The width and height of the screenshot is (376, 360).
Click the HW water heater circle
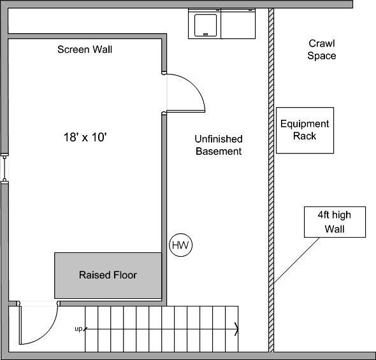[x=180, y=245]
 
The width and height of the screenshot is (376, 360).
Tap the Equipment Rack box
[x=305, y=130]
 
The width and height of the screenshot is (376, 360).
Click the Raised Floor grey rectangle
[x=108, y=275]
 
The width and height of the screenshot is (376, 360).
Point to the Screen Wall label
[x=85, y=49]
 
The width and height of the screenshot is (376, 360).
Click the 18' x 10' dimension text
[x=85, y=136]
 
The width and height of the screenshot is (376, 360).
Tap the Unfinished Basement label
[x=219, y=145]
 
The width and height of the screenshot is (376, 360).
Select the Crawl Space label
[x=322, y=50]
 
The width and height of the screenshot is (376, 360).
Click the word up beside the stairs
[x=78, y=329]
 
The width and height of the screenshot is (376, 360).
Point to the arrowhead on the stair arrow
[x=236, y=329]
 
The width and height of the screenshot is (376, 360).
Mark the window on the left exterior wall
[x=4, y=169]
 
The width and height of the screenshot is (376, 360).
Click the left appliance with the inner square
[x=205, y=24]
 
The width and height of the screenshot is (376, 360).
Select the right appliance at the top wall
[x=238, y=24]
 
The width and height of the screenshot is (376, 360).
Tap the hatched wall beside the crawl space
[x=271, y=191]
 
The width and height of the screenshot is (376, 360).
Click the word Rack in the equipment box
[x=305, y=136]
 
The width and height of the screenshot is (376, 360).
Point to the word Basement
[x=219, y=151]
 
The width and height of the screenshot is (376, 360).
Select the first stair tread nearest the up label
[x=91, y=328]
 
